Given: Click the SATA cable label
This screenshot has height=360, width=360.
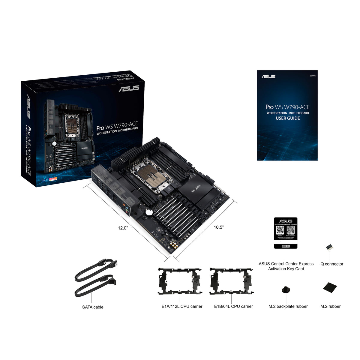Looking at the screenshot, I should (93, 307).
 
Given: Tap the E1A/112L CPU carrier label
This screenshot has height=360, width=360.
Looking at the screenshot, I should (182, 306).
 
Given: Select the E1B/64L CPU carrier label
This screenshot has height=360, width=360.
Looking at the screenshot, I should (233, 306).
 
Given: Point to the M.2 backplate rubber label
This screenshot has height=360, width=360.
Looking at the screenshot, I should (288, 306).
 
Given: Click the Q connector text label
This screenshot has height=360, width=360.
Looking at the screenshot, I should (332, 264).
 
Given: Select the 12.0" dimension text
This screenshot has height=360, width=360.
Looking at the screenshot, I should (123, 228).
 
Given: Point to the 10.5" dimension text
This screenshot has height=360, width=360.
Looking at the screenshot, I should (219, 227).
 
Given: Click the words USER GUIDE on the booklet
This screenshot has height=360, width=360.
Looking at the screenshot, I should (288, 118).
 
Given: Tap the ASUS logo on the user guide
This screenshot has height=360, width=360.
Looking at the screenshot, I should (268, 76).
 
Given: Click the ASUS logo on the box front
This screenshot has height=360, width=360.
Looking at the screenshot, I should (129, 88).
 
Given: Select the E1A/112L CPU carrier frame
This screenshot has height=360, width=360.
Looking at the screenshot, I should (180, 280).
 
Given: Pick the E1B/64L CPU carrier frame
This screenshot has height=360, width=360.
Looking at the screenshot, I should (231, 280).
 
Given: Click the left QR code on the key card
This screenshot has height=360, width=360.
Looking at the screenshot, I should (280, 230).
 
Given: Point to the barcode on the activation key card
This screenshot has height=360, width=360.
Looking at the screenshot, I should (286, 246).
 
